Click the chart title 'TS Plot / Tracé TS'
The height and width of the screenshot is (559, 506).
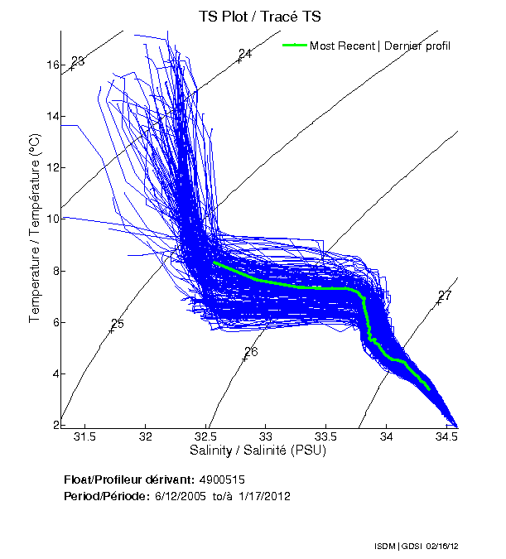[x=260, y=16]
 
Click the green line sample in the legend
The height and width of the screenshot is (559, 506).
[x=295, y=45]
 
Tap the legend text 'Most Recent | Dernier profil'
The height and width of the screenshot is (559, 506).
[x=380, y=46]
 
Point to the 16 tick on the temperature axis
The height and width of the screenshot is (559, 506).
[x=52, y=65]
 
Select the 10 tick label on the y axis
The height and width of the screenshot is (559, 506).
[x=52, y=219]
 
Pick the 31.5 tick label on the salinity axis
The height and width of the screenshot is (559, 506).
[x=85, y=436]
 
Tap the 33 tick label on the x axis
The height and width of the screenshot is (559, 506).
[x=267, y=436]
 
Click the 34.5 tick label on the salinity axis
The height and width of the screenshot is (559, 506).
[x=446, y=436]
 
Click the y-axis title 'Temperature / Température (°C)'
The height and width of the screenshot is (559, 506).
[x=35, y=228]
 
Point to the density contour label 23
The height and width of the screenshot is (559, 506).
[x=78, y=61]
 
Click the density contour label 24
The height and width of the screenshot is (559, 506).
[x=244, y=54]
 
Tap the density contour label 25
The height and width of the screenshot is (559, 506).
[x=117, y=324]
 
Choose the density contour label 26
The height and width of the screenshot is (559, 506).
[x=251, y=352]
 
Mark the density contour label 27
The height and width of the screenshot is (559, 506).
[x=445, y=296]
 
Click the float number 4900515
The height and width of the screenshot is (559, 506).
[x=220, y=480]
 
